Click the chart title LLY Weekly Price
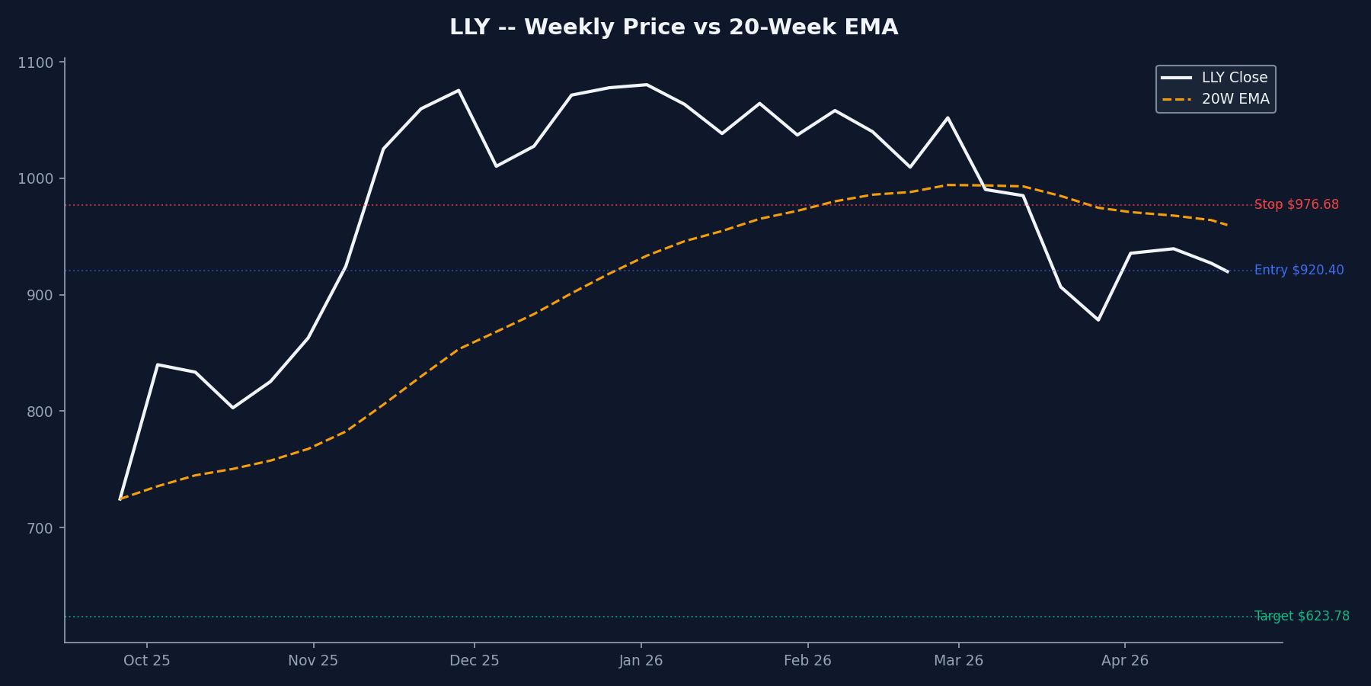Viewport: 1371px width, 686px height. click(673, 27)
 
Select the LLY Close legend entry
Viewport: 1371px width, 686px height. click(1234, 78)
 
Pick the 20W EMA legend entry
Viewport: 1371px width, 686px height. click(1235, 99)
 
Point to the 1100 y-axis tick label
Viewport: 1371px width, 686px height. click(35, 63)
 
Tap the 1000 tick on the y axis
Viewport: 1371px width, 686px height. click(35, 178)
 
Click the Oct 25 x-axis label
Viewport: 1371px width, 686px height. click(147, 661)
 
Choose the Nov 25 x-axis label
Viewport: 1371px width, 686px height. click(313, 661)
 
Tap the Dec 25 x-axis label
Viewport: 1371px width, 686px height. click(475, 661)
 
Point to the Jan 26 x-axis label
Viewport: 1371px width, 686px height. click(641, 661)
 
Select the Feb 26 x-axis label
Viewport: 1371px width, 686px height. click(807, 661)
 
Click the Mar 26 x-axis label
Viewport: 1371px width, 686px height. click(958, 661)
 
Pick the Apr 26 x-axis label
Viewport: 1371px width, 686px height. click(1125, 661)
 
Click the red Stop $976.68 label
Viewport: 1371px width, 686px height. click(1296, 205)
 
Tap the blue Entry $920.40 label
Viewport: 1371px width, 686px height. click(1299, 271)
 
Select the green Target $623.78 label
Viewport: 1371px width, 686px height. click(1302, 617)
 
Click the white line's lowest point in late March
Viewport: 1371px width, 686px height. click(1098, 319)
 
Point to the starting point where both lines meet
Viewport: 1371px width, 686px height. click(120, 498)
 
